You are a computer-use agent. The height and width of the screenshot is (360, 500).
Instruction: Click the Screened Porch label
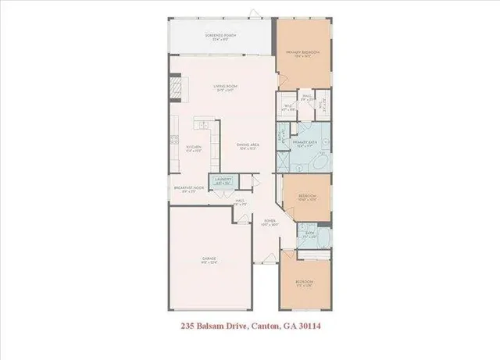222,36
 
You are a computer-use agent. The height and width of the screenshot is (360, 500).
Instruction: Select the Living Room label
226,87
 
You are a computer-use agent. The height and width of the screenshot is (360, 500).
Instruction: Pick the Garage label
209,259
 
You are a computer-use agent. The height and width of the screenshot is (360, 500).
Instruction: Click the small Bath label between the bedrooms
310,234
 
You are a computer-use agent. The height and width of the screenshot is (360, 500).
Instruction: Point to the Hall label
241,202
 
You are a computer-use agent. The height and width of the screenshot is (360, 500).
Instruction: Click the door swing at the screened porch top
252,12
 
